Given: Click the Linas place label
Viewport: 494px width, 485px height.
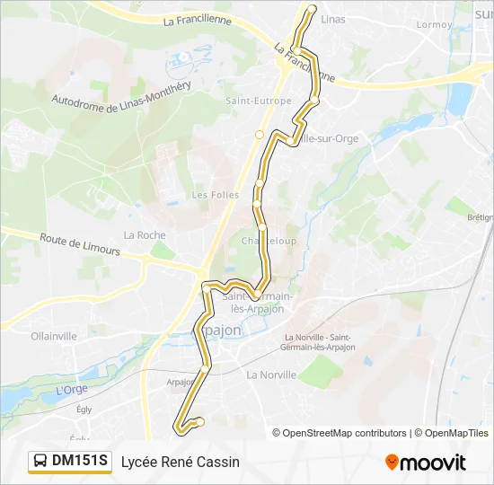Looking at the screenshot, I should click(332, 19).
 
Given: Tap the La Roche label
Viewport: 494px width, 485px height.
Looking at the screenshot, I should click(145, 235).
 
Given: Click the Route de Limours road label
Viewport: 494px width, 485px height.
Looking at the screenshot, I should click(79, 244).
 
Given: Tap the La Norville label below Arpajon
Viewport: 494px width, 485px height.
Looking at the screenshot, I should click(271, 375).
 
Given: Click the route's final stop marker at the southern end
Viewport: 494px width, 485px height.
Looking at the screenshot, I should click(200, 421).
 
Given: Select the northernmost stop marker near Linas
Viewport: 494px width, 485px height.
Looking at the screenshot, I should click(313, 9).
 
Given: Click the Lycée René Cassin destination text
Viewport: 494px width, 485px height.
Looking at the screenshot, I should click(181, 462).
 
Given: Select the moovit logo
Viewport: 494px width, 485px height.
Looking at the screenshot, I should click(426, 463).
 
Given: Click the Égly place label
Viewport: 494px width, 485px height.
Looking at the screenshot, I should click(84, 409).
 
